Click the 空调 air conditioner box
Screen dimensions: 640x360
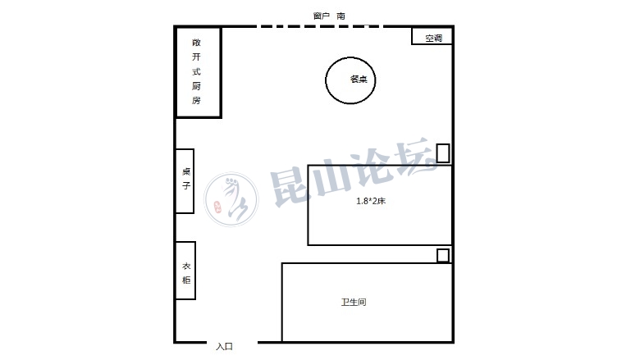(432, 36)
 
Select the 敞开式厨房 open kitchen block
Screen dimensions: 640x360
(199, 72)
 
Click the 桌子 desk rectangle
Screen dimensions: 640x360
(185, 181)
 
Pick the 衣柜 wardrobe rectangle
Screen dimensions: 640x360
(185, 271)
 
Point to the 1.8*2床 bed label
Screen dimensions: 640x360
(371, 201)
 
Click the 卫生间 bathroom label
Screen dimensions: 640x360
(354, 302)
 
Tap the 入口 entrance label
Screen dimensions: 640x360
(224, 347)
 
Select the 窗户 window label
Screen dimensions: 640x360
(321, 16)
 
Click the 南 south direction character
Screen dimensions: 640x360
(341, 16)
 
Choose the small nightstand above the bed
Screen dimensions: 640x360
(443, 153)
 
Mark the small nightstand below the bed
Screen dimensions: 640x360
(443, 256)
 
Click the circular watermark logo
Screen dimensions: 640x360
(231, 199)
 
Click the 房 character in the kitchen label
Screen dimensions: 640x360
(196, 100)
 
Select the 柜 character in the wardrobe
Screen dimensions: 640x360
(186, 280)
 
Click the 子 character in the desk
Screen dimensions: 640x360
(186, 185)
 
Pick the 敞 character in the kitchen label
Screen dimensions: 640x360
(196, 43)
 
